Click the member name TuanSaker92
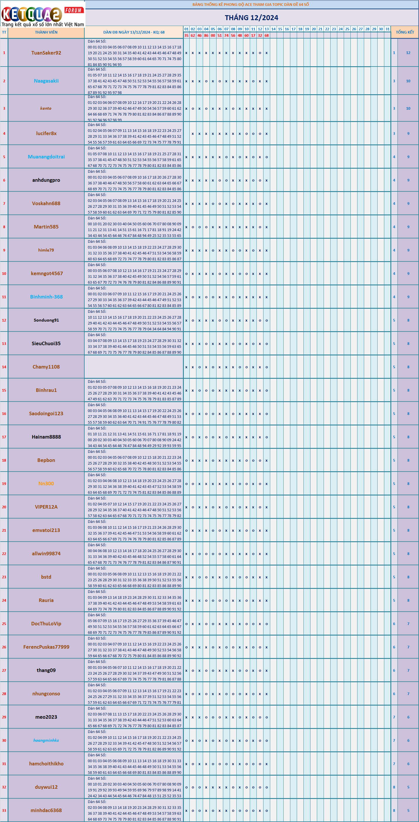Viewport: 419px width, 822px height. point(46,53)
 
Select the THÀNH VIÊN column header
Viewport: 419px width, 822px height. point(46,32)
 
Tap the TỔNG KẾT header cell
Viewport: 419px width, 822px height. point(405,32)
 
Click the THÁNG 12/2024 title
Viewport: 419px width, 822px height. point(252,18)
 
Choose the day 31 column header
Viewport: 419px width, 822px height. point(387,29)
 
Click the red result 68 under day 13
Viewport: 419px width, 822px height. point(266,35)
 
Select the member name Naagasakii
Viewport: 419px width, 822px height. point(46,81)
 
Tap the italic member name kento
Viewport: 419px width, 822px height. point(46,109)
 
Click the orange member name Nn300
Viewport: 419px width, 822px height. point(46,484)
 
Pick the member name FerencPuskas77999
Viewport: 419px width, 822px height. point(46,647)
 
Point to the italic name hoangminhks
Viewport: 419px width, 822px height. point(46,741)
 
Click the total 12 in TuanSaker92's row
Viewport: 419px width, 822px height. point(408,53)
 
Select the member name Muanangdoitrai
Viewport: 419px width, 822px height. point(46,157)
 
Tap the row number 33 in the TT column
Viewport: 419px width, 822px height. point(4,811)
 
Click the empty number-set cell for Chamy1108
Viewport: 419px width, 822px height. point(134,367)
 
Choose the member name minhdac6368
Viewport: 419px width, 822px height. point(46,811)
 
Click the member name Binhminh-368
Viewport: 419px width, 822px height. point(46,297)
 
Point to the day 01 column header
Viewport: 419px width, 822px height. point(186,29)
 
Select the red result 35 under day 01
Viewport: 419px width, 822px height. point(186,35)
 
